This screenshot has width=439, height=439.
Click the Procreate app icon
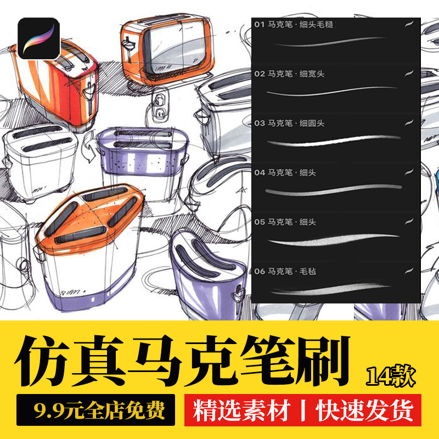coord(38,38)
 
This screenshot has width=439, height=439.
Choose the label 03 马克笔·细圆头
coord(296,123)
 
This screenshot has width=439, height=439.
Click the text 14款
coord(390,376)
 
